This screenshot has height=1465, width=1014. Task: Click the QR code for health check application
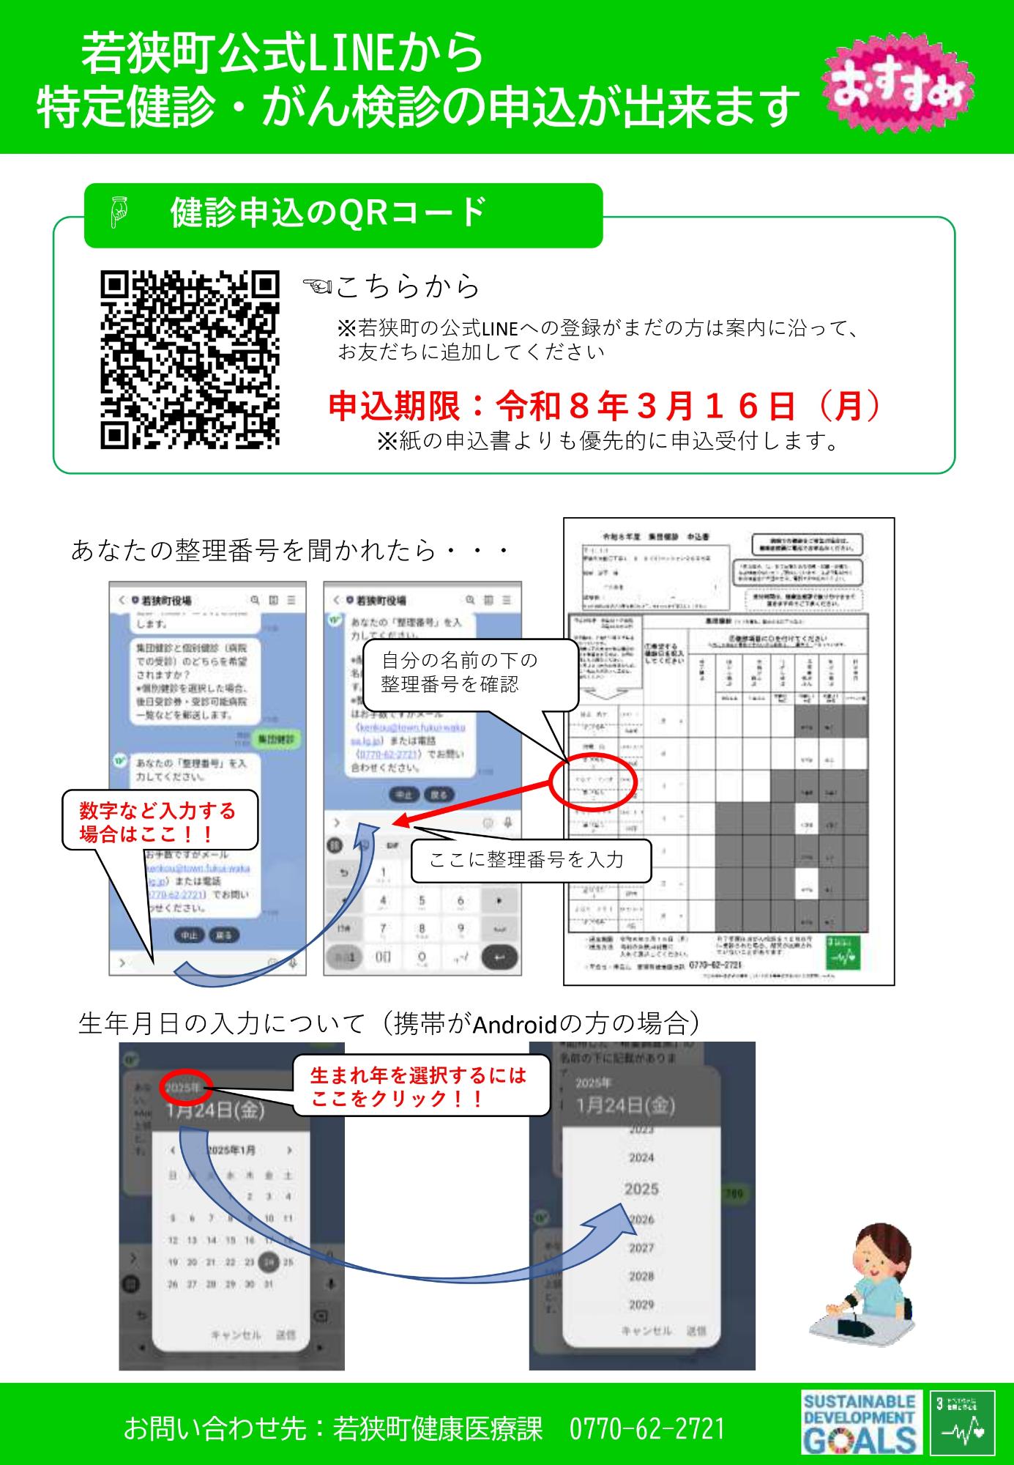190,360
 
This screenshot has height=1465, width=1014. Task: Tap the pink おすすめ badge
899,91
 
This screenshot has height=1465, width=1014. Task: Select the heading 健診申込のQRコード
328,214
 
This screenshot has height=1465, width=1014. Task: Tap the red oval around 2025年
186,1087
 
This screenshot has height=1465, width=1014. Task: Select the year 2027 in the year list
641,1247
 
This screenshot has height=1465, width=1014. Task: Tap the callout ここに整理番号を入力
529,860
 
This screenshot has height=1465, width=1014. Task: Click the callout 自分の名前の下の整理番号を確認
471,672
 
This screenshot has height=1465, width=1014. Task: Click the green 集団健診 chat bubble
276,740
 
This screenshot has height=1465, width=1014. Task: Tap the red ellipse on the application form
595,785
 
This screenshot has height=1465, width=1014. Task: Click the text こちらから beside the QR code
407,286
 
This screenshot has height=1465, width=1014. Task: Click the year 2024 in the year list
641,1157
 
